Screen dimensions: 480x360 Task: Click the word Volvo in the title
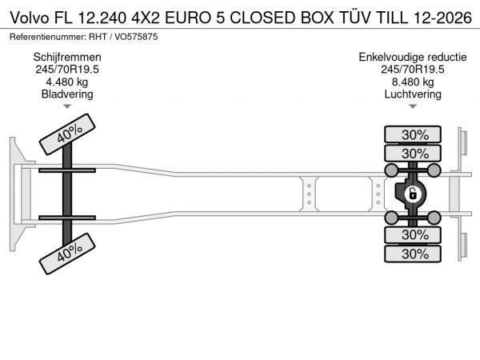point(30,18)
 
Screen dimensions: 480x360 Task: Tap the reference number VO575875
point(136,37)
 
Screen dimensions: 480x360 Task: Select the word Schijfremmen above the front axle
point(67,58)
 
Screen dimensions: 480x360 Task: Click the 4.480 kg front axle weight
point(66,82)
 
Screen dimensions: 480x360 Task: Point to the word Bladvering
point(67,94)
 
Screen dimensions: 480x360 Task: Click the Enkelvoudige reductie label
point(413,58)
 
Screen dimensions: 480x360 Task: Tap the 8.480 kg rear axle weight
point(413,82)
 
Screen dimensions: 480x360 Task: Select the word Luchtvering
point(413,94)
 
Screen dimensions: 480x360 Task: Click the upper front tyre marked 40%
point(67,134)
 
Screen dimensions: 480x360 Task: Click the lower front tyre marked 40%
point(67,254)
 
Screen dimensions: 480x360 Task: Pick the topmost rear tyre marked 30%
point(413,134)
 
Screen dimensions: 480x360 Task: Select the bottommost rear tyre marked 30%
point(413,254)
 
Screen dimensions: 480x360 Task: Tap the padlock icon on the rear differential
point(412,194)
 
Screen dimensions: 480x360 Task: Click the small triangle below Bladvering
point(67,106)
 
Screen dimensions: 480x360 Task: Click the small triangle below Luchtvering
point(413,106)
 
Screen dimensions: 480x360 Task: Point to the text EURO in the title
point(188,18)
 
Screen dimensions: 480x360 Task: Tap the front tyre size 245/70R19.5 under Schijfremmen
point(67,70)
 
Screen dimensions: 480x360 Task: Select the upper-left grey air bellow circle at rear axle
point(391,170)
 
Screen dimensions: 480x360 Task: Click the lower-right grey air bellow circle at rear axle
point(434,218)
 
